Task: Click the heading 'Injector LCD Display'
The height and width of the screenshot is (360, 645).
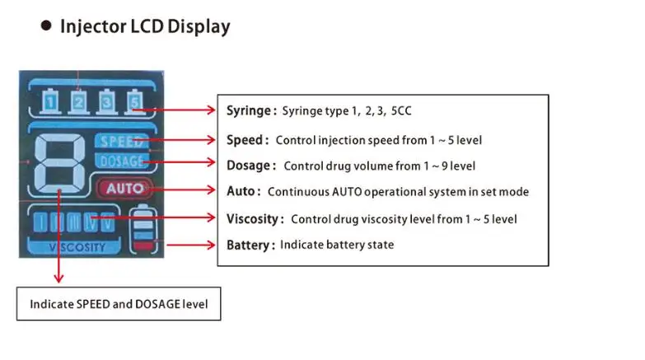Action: pyautogui.click(x=145, y=26)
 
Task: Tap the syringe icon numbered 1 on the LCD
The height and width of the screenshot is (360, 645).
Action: pyautogui.click(x=51, y=101)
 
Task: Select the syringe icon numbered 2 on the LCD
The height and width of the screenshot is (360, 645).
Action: pyautogui.click(x=78, y=101)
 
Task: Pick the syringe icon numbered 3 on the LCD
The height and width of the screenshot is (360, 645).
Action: pyautogui.click(x=105, y=101)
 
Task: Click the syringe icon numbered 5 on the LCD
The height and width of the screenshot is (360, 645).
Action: pyautogui.click(x=133, y=101)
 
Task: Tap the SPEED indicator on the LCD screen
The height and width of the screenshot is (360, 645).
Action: pyautogui.click(x=120, y=140)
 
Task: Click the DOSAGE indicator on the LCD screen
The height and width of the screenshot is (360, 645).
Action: pyautogui.click(x=121, y=160)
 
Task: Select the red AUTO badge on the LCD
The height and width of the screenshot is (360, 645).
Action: pyautogui.click(x=124, y=188)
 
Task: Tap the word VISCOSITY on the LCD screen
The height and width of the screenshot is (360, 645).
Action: pyautogui.click(x=77, y=247)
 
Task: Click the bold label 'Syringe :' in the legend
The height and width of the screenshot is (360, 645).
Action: pyautogui.click(x=251, y=110)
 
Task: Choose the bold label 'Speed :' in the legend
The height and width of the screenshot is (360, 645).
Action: pyautogui.click(x=247, y=140)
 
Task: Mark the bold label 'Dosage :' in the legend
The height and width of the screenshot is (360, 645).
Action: pyautogui.click(x=250, y=166)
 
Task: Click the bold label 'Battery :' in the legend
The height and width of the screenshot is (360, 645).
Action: pyautogui.click(x=250, y=245)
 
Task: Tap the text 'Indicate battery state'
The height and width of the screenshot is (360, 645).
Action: pyautogui.click(x=337, y=245)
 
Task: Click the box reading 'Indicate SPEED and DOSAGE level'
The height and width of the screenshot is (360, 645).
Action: pyautogui.click(x=119, y=304)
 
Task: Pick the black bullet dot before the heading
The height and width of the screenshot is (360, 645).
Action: pyautogui.click(x=46, y=26)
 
